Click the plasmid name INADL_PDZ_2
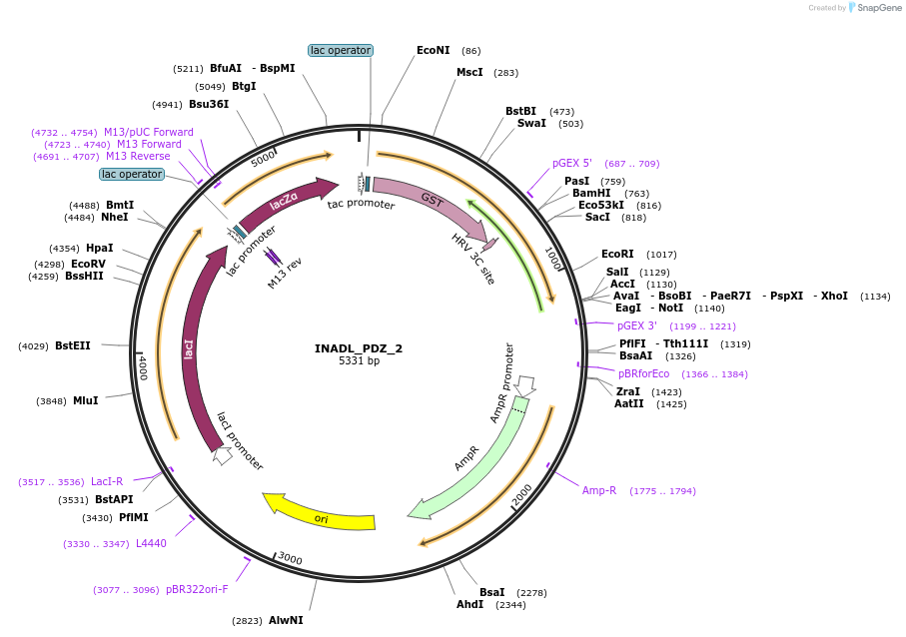click(x=359, y=348)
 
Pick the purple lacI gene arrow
click(x=191, y=349)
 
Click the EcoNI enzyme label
click(x=434, y=50)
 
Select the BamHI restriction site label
click(x=591, y=193)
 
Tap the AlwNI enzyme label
click(x=286, y=620)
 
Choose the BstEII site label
click(x=73, y=345)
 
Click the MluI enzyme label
click(x=86, y=400)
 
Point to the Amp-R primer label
click(x=599, y=490)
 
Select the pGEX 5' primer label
click(x=572, y=163)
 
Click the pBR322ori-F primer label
click(x=197, y=589)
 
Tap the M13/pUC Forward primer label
click(x=149, y=132)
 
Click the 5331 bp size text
click(x=359, y=361)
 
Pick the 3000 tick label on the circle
click(x=290, y=558)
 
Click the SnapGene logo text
click(x=876, y=8)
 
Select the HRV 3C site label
click(x=472, y=260)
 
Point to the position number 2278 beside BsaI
click(x=531, y=593)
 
